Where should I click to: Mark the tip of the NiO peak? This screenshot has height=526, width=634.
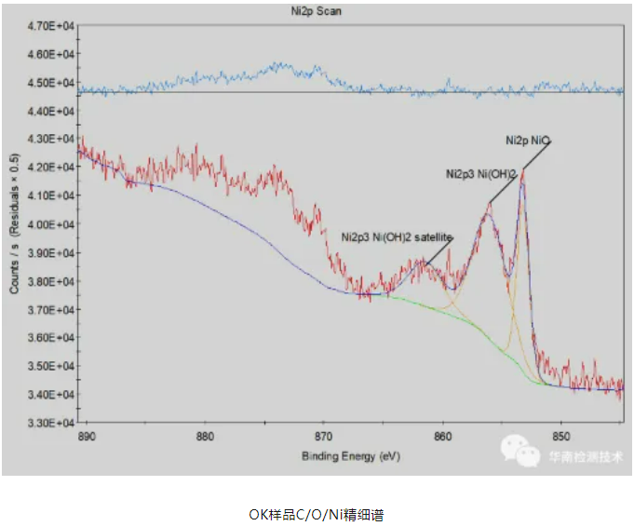point(523,170)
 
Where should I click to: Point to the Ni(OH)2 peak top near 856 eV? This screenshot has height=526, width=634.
point(488,207)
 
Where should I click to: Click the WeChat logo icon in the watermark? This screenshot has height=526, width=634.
point(521,453)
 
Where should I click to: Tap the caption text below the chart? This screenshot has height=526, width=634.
point(316,514)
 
